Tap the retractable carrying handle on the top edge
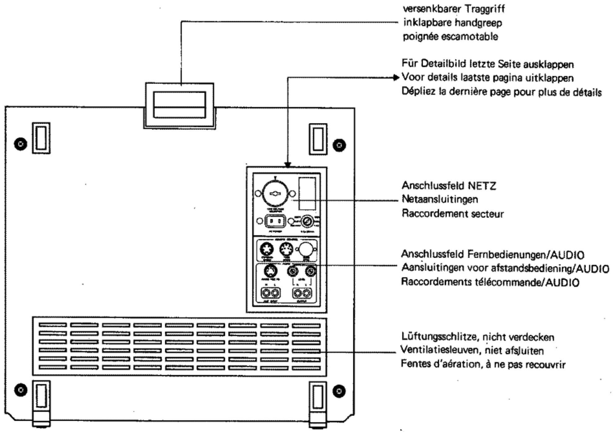coord(179,105)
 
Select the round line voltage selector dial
coord(275,193)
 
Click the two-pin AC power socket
coord(275,221)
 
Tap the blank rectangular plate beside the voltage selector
coord(307,193)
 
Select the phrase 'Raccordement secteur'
coord(452,214)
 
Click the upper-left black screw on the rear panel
coord(21,144)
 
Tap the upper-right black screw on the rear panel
coord(339,145)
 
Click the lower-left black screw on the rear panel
coord(21,390)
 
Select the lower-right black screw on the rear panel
coord(339,391)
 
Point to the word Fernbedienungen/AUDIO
coord(525,255)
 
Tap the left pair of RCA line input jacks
coord(271,293)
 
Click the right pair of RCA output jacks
coord(302,293)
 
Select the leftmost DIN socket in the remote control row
coord(267,249)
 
